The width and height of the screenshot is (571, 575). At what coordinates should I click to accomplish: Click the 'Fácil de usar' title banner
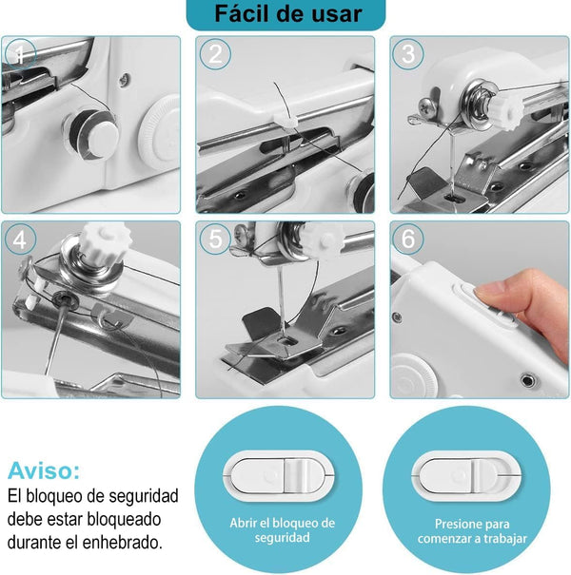point(287,14)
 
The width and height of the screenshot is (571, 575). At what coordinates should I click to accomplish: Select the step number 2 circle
point(215,55)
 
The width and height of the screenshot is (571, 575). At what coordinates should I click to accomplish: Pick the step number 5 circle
point(215,240)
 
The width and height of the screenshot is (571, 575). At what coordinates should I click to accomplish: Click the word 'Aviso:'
point(44,470)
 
